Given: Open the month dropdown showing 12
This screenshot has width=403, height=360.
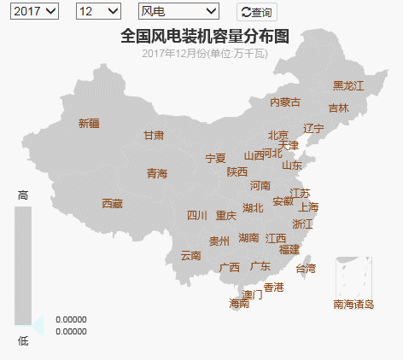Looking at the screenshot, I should [98, 11].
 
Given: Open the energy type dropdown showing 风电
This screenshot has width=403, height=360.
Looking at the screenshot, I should [178, 11].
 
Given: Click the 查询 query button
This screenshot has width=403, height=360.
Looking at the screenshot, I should [256, 12].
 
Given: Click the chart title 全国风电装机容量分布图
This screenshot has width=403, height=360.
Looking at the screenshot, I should [205, 36].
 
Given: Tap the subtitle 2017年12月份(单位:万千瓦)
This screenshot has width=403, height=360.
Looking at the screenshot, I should [205, 54].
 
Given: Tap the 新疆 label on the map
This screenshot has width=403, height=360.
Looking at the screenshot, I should [89, 123].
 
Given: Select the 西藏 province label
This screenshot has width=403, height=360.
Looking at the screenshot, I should [113, 203].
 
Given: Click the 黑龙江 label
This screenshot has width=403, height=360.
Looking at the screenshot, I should [348, 85].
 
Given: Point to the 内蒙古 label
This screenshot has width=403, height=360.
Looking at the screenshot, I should [285, 102].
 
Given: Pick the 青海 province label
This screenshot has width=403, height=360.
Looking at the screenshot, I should [157, 173].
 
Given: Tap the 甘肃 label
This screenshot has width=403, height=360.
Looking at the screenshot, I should [154, 135].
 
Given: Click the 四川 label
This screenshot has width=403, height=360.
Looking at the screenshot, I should [197, 215].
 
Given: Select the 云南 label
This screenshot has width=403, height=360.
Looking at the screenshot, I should [191, 255].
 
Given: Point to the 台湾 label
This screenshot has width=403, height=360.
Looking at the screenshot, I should [305, 268].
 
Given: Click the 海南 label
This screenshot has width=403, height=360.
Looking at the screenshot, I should [239, 303].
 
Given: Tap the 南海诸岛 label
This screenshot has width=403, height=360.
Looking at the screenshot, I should [354, 304].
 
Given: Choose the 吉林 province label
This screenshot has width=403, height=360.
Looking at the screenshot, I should [338, 108].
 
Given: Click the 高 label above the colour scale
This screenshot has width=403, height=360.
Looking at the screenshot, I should [23, 195].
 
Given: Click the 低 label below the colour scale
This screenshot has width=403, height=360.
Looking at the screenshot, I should [23, 340].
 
